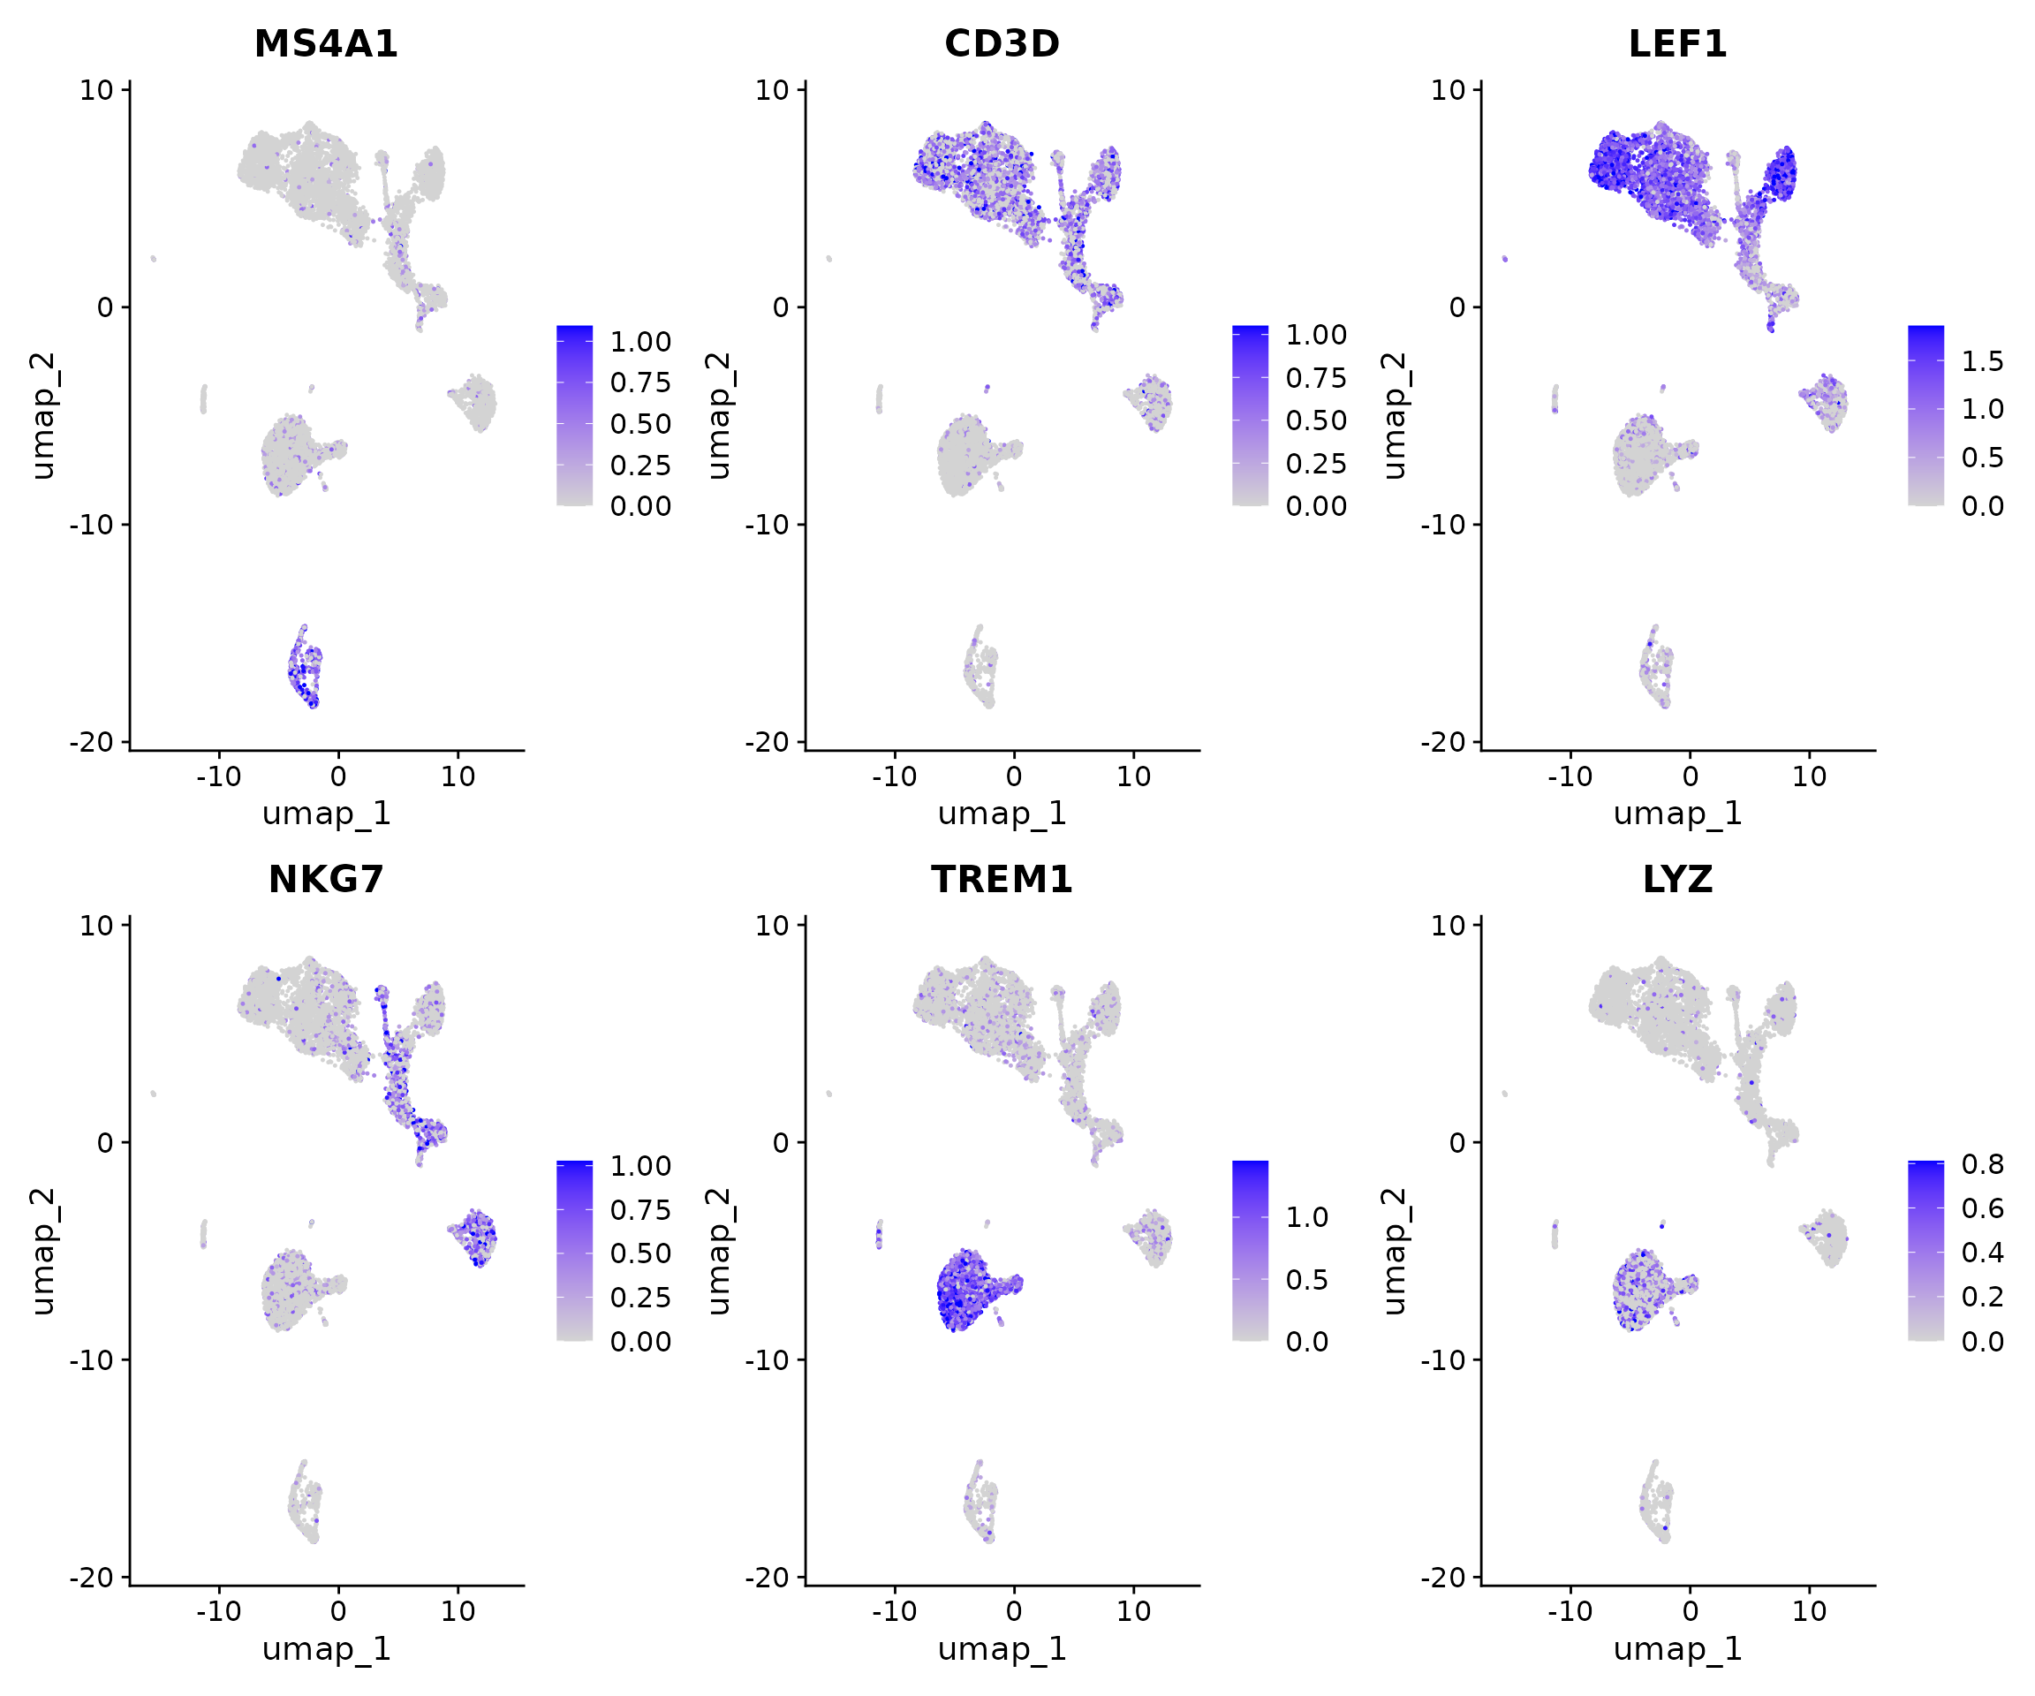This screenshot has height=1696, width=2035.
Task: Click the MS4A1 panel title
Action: coord(326,43)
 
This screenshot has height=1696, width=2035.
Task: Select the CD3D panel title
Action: coord(1001,43)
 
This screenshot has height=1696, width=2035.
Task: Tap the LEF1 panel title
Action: coord(1677,43)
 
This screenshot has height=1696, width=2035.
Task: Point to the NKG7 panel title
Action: coord(326,879)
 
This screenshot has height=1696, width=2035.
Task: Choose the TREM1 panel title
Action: coord(1001,879)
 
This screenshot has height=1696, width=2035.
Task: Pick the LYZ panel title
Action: coord(1677,879)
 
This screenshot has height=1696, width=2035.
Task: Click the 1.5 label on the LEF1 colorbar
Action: coord(1982,361)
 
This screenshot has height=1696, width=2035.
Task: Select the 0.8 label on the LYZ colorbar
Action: coord(1982,1164)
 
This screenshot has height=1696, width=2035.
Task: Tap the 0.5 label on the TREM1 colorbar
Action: coord(1306,1279)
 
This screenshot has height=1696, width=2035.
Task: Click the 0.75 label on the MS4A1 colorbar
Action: coord(639,382)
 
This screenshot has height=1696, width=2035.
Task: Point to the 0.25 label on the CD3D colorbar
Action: coord(1316,463)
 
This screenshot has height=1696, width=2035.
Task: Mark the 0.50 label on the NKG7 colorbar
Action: coord(639,1253)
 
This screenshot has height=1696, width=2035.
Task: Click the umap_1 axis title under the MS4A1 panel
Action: coord(326,812)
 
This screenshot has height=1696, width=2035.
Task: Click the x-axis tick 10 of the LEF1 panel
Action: coord(1808,776)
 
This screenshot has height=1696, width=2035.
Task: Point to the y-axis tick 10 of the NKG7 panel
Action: coord(97,926)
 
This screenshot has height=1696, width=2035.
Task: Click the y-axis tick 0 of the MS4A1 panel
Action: coord(104,307)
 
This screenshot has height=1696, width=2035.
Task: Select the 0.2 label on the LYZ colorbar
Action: coord(1982,1297)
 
